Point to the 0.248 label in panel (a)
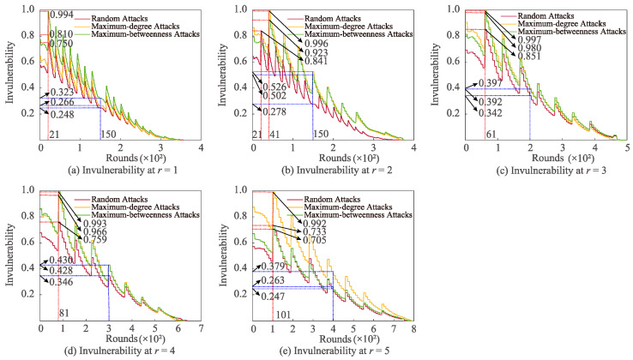tap(62, 114)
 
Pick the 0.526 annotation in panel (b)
tap(274, 86)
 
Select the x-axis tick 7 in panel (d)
tap(201, 328)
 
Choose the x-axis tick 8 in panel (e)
tap(413, 328)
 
